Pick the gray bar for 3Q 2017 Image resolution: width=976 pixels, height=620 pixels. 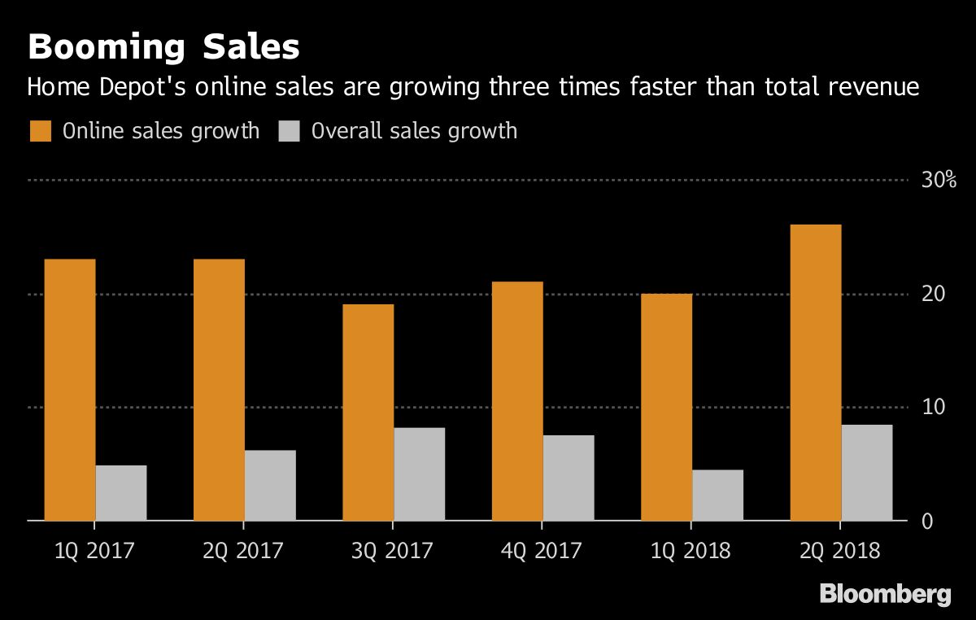pos(420,474)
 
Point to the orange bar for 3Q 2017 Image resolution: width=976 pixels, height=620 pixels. pos(368,412)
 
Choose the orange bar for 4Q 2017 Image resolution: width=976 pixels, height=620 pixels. pos(517,400)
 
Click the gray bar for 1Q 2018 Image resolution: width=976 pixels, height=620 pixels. pos(717,495)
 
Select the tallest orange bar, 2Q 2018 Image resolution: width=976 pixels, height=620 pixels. pos(816,372)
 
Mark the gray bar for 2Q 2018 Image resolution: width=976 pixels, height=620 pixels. pos(867,472)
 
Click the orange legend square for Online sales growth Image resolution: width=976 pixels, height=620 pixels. pos(41,131)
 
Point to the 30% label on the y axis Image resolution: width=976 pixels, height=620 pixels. pos(939,180)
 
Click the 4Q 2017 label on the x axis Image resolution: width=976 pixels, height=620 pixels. pos(542,551)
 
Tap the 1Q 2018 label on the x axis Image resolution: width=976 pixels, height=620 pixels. pos(691,551)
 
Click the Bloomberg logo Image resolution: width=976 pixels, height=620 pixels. pos(885,594)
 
